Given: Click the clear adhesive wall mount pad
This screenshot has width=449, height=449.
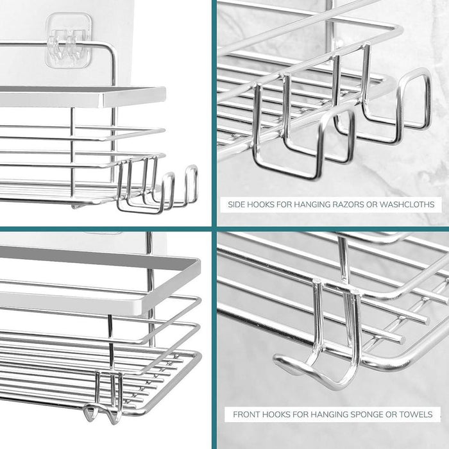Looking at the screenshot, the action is tap(69, 40).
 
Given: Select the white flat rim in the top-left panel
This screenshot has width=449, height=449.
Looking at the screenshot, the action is tap(83, 96).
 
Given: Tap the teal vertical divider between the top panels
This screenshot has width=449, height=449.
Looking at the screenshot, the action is tap(214, 113).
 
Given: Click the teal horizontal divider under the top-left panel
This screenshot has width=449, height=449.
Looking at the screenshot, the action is tap(106, 229).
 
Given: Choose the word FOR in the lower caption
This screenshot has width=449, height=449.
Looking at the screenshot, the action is tap(299, 414).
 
